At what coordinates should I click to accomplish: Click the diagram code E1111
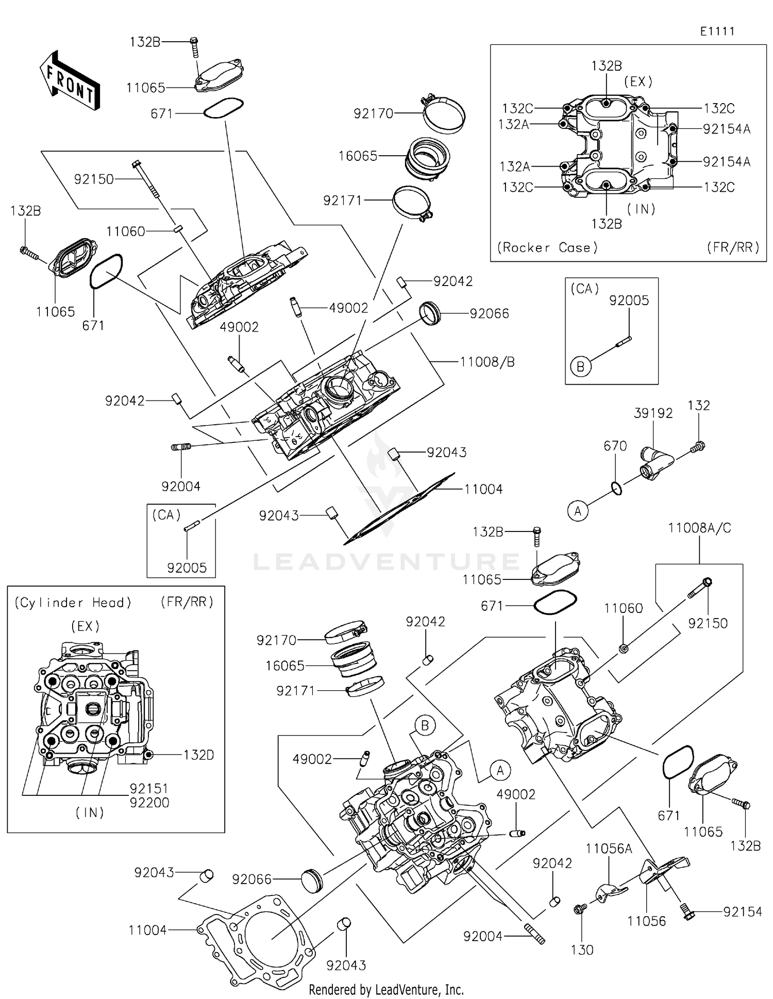coord(717,31)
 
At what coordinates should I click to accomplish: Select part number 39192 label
coord(653,413)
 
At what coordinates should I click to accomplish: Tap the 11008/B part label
coord(487,362)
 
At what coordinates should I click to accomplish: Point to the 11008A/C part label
coord(699,528)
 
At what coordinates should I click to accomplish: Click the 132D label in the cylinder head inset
coord(198,755)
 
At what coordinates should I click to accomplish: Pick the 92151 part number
coord(149,788)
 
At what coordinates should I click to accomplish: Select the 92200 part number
coord(149,803)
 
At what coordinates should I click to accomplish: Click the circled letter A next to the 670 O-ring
coord(578,511)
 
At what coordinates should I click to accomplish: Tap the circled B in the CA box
coord(580,367)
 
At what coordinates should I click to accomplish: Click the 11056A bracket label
coord(609,849)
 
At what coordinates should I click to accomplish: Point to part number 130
coord(582,950)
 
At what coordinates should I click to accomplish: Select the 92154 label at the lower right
coord(742,912)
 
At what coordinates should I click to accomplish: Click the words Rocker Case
coord(547,248)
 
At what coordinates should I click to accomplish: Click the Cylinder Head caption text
coord(73,603)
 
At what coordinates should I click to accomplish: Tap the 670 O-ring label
coord(615,446)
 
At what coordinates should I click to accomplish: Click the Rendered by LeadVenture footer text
coord(386,989)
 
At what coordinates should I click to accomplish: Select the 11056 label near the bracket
coord(646,921)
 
